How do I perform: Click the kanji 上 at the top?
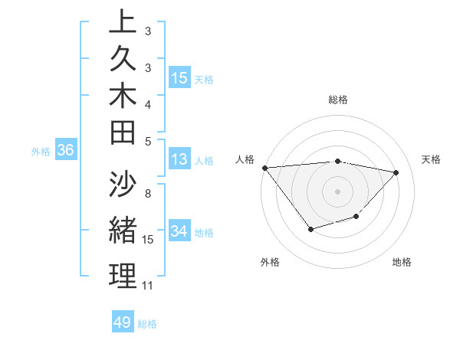pyautogui.click(x=123, y=22)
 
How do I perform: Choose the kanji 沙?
pyautogui.click(x=123, y=185)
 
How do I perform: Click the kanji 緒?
pyautogui.click(x=123, y=231)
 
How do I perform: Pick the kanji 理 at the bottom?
pyautogui.click(x=123, y=277)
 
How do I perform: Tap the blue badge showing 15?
pyautogui.click(x=179, y=78)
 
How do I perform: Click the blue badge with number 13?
pyautogui.click(x=179, y=159)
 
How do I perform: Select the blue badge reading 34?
pyautogui.click(x=179, y=231)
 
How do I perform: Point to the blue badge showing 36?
pyautogui.click(x=65, y=151)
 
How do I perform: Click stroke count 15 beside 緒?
pyautogui.click(x=148, y=240)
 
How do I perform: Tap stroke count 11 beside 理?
pyautogui.click(x=148, y=286)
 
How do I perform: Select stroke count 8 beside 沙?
pyautogui.click(x=148, y=194)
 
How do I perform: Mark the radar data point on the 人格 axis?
pyautogui.click(x=264, y=168)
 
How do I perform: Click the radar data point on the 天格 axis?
pyautogui.click(x=396, y=172)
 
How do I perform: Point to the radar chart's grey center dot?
pyautogui.click(x=337, y=191)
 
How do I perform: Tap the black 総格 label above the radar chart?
pyautogui.click(x=337, y=100)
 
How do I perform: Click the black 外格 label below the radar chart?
pyautogui.click(x=270, y=263)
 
